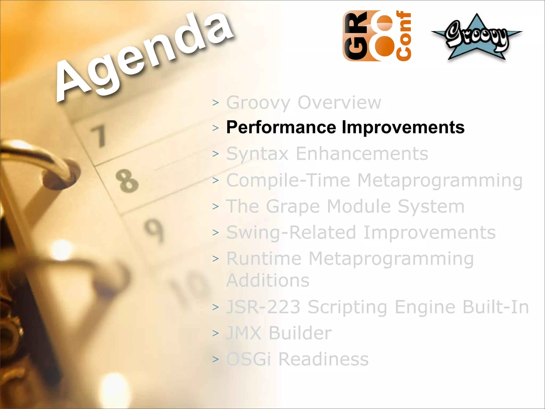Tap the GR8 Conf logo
(x=377, y=36)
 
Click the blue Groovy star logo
(x=476, y=37)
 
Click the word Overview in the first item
(x=339, y=102)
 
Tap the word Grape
(x=293, y=207)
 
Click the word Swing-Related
(x=291, y=232)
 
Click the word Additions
(x=268, y=280)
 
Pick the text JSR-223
(x=263, y=307)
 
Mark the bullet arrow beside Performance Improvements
(x=216, y=128)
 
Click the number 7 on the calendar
(x=100, y=136)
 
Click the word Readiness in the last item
(x=323, y=359)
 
